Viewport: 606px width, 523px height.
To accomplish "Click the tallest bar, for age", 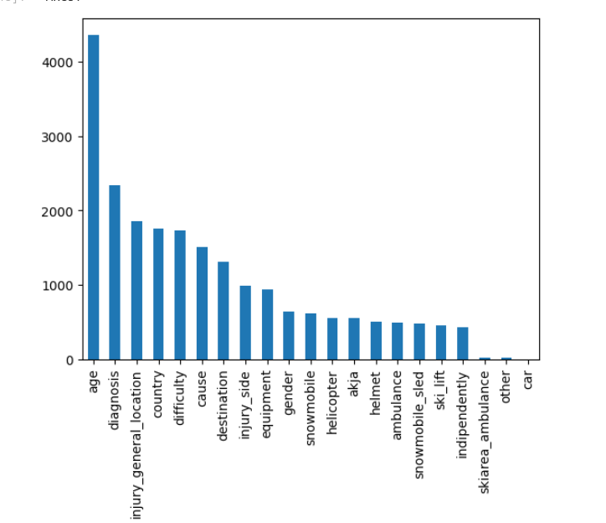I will tap(93, 197).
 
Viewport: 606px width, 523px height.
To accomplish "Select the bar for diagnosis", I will tap(115, 272).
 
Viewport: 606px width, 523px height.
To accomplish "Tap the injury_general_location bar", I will tap(136, 290).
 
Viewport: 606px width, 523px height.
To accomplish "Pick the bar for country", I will tap(158, 294).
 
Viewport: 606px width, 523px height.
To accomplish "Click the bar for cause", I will tap(202, 303).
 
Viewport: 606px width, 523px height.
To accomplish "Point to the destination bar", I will tap(223, 311).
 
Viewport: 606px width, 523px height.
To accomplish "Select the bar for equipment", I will tap(267, 324).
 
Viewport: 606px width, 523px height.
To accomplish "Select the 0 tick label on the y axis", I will tap(74, 360).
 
